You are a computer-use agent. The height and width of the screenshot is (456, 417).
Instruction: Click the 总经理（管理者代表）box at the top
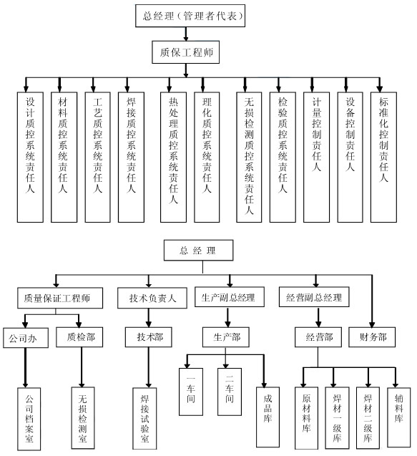coord(190,16)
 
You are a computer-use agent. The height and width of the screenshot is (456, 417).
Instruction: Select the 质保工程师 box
coord(186,52)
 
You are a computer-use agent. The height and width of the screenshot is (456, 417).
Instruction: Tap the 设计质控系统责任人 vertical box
coord(30,157)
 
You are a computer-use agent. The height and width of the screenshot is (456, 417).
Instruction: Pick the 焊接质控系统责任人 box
coord(131,157)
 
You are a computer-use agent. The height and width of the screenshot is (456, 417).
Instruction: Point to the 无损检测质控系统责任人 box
coord(249,157)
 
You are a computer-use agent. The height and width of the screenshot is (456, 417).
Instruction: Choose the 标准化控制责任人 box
coord(383,157)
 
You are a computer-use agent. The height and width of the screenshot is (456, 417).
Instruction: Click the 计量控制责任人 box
coord(316,157)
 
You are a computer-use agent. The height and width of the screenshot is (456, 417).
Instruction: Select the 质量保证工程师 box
coord(60,298)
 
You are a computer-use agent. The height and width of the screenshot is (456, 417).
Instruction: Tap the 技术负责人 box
coord(152,298)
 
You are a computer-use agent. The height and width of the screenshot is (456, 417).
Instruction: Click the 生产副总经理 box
coord(230,297)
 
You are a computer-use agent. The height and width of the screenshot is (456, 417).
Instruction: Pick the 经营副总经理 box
coord(314,297)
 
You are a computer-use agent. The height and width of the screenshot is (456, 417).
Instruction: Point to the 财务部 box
coord(372,337)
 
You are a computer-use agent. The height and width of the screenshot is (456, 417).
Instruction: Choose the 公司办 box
coord(26,338)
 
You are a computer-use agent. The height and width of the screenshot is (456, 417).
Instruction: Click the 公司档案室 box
coord(29,419)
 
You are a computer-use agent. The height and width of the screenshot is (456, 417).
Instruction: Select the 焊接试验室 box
coord(144,418)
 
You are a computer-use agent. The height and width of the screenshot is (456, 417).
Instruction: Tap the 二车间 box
coord(230,392)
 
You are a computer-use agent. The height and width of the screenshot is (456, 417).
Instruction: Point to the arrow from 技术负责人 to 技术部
coord(149,318)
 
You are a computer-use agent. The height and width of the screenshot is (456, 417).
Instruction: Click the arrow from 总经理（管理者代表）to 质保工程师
coord(186,34)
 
